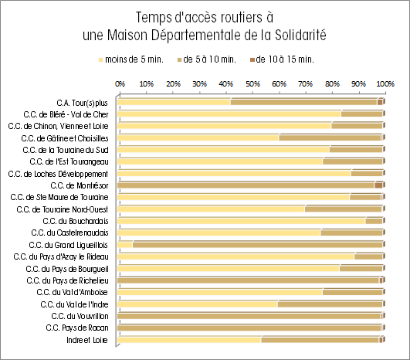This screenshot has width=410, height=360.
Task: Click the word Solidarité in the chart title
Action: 300,35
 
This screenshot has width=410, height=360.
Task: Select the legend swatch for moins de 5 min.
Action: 100,60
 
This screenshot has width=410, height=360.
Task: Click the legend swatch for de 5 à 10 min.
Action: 179,60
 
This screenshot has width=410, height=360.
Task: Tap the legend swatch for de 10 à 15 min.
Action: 252,60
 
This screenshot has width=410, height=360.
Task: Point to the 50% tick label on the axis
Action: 252,84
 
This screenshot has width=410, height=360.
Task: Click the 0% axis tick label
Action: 120,84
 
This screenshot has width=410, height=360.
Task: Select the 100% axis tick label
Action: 385,84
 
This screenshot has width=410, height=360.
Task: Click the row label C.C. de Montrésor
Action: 80,185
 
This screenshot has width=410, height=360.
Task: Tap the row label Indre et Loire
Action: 87,340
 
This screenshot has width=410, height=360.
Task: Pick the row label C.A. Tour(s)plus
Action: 82,103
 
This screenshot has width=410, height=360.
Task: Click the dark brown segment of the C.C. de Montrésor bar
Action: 378,185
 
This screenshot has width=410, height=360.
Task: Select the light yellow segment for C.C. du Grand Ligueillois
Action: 125,245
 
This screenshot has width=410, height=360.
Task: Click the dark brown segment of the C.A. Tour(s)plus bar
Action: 380,102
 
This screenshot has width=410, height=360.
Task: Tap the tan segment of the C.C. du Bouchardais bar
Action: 374,221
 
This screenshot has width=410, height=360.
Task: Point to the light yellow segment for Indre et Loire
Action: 189,340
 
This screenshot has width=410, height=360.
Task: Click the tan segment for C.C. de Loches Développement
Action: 367,174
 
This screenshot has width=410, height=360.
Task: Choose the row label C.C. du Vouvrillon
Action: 80,316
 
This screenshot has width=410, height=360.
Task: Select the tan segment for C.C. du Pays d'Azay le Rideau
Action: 368,256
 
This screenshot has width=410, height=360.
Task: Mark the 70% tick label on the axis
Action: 306,84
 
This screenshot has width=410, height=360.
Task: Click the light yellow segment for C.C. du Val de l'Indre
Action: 198,304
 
